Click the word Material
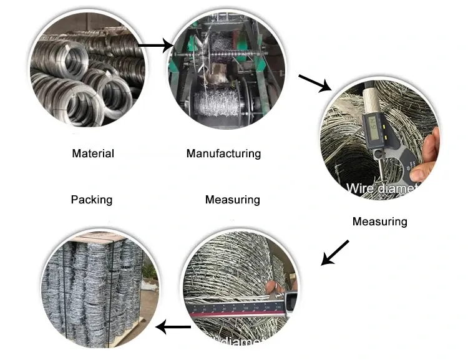click(x=93, y=153)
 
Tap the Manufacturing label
click(x=223, y=153)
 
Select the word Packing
click(x=91, y=200)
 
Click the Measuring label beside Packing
click(x=232, y=200)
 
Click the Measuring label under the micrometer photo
click(x=379, y=221)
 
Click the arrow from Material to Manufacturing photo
click(x=155, y=45)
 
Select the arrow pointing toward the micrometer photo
click(x=315, y=83)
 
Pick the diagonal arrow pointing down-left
click(x=334, y=252)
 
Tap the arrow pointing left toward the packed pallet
click(x=173, y=326)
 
